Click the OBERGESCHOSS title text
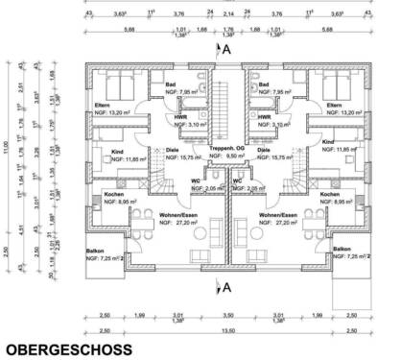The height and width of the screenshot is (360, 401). point(68,350)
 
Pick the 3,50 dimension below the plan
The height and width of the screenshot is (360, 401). point(227,315)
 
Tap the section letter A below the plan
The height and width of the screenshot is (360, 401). point(226,286)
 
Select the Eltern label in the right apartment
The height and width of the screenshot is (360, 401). point(334,104)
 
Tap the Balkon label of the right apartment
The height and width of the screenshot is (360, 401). point(342,249)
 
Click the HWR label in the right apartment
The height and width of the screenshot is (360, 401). point(264,116)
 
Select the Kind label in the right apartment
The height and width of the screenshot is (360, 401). point(327,142)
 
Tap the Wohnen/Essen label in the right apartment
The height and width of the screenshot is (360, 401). point(276,214)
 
